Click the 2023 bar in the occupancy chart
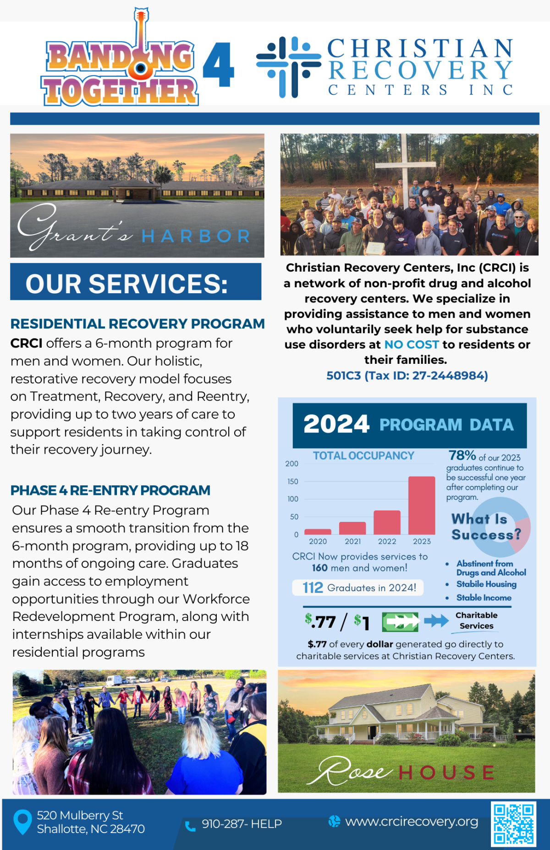point(421,505)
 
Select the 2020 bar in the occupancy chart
point(318,532)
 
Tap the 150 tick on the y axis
point(292,482)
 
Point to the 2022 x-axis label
point(387,542)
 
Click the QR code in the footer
point(513,823)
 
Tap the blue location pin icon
point(22,822)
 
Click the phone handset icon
point(190,826)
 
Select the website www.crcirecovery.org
point(411,822)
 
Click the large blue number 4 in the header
point(218,65)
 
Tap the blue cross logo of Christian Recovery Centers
point(288,67)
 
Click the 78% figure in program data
point(462,455)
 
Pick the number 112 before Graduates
point(313,587)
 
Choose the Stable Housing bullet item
point(486,584)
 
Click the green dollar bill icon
point(400,622)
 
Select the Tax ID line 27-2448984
point(407,376)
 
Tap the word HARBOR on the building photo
point(196,236)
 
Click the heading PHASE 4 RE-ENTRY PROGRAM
point(110,490)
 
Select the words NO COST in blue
point(411,345)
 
